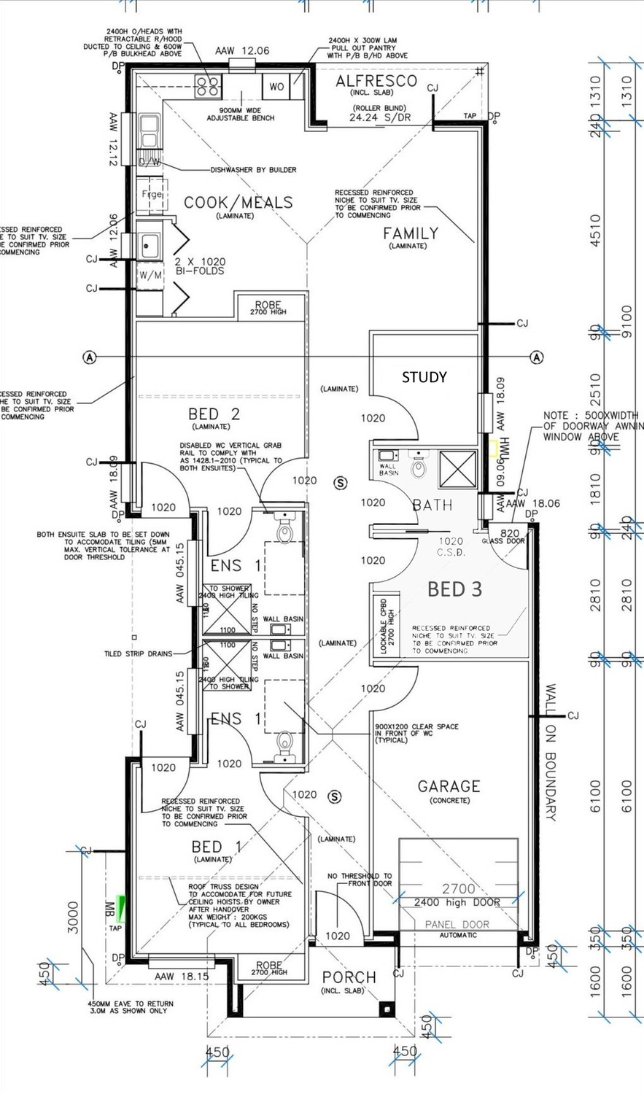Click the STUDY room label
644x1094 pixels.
(424, 377)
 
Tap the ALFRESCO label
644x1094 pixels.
(376, 82)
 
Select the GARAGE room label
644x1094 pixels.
(449, 786)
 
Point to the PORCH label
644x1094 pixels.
(349, 977)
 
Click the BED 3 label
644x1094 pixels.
(454, 589)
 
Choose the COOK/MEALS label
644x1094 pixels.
(238, 203)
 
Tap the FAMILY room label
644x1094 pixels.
(411, 233)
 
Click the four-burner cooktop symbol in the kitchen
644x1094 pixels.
(209, 87)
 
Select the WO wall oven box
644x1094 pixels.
(276, 87)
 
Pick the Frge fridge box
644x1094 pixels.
(151, 195)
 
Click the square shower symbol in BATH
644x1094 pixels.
(457, 468)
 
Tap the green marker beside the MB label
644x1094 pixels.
(121, 909)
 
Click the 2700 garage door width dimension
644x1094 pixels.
(458, 888)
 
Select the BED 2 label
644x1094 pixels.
(214, 414)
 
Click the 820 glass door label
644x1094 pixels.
(511, 533)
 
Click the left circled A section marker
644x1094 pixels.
(90, 357)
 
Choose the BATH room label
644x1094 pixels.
(432, 505)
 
